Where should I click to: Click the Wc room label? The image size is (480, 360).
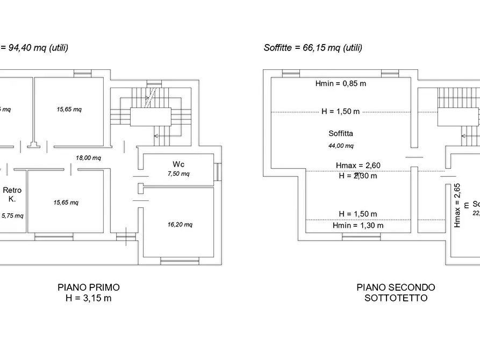[179, 164]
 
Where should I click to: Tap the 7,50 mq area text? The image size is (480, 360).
[179, 174]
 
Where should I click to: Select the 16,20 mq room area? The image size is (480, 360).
[180, 225]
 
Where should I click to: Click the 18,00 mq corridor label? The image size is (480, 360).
[89, 157]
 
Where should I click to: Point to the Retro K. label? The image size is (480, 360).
[12, 194]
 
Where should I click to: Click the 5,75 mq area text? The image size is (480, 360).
[12, 215]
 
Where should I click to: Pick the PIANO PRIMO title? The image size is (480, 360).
[89, 287]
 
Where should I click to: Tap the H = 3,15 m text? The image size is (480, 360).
[89, 298]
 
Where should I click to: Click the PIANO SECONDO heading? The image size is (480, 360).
[396, 287]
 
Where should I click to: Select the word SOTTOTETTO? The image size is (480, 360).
[396, 298]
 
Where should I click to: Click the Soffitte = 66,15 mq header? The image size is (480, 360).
[313, 47]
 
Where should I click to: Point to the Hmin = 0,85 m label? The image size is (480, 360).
[341, 83]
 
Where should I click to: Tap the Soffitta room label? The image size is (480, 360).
[341, 133]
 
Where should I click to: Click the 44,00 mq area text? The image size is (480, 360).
[341, 146]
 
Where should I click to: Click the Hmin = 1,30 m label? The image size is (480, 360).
[357, 225]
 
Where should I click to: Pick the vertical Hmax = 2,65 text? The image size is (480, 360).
[457, 205]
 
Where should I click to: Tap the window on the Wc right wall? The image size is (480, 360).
[218, 171]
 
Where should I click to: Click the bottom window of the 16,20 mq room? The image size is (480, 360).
[180, 262]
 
